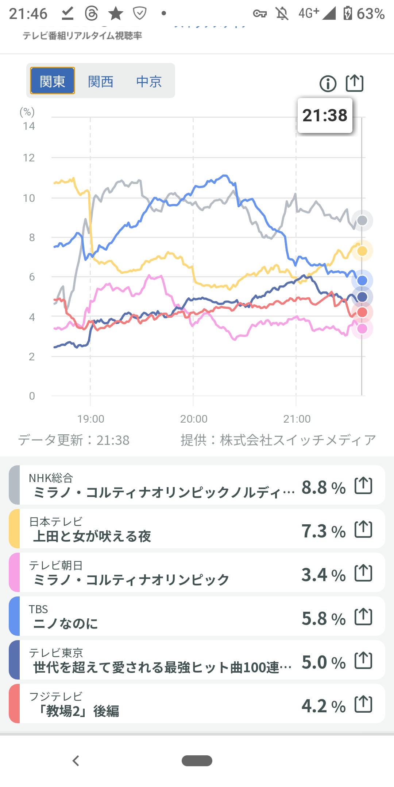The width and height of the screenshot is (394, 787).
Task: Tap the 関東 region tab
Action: [x=53, y=81]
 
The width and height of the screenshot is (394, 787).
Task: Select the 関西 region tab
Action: [x=101, y=81]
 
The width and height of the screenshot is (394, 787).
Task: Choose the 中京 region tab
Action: [x=149, y=81]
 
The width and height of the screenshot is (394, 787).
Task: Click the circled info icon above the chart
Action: [x=328, y=84]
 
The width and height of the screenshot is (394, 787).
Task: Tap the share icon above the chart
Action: [x=355, y=83]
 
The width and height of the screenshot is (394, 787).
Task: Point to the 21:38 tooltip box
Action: [x=325, y=115]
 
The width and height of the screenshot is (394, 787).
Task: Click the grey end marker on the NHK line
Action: [x=362, y=220]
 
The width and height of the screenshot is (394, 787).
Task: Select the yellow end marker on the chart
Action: [x=362, y=251]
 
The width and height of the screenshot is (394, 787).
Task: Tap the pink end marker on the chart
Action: [x=362, y=329]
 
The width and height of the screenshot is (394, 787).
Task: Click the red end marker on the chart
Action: [x=362, y=312]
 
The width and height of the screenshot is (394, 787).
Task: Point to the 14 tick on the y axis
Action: [x=29, y=126]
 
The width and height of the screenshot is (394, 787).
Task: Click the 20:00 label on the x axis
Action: [x=194, y=419]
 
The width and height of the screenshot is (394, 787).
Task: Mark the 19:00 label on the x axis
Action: [x=91, y=419]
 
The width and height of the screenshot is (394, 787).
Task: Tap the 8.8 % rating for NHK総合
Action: [x=324, y=488]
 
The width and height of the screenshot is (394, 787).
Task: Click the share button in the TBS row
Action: [x=363, y=616]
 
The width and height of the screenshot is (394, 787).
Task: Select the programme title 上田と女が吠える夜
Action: [x=92, y=536]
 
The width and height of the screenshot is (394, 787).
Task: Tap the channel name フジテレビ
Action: [x=56, y=696]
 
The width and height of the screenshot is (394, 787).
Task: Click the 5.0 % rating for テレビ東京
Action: [x=324, y=662]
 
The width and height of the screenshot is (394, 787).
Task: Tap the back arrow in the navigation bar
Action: [x=76, y=761]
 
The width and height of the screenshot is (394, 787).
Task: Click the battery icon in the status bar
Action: [x=348, y=13]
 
